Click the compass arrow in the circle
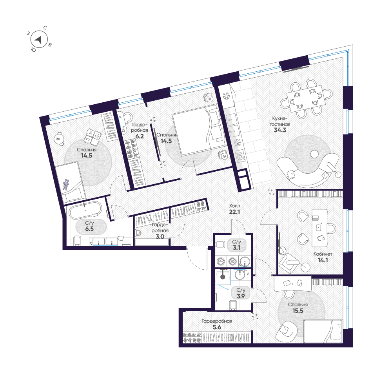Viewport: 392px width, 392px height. [38, 40]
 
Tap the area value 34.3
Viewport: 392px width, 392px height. [280, 130]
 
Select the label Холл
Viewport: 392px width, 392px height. [234, 206]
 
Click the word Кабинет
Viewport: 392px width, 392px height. [323, 254]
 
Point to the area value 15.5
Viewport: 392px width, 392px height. [298, 311]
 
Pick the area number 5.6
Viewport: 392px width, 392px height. [217, 327]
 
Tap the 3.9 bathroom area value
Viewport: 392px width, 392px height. [241, 296]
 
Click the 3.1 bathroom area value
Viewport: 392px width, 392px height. [236, 248]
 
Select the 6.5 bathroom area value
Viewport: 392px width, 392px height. [89, 229]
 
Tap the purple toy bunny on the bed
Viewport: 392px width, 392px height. [66, 184]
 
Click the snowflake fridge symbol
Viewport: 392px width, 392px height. [226, 96]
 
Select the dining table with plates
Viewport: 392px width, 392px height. [306, 99]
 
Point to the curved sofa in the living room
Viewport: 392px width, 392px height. [307, 170]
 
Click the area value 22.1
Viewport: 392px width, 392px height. [234, 212]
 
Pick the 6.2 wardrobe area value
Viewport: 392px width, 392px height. [140, 136]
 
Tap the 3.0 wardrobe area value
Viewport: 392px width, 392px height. [160, 236]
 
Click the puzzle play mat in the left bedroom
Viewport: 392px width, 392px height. [93, 138]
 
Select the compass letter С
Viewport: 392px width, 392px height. [45, 28]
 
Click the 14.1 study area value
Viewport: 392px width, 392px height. [323, 260]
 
